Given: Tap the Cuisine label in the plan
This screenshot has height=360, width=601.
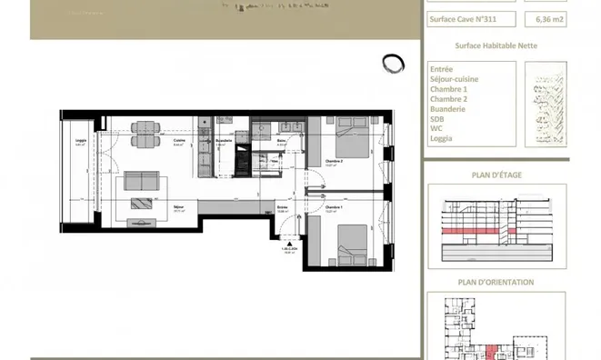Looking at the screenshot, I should tap(180, 142).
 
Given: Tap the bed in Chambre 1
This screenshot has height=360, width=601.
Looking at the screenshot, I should tap(350, 243).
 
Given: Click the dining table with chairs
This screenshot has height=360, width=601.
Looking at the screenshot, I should tap(142, 133).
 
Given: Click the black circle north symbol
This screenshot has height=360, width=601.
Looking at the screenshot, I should tap(393, 63).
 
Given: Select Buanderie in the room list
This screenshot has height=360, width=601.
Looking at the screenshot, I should tap(447, 109).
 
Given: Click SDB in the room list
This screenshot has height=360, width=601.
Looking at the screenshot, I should tap(437, 119).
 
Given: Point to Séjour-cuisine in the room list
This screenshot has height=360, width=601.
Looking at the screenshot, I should tap(454, 79).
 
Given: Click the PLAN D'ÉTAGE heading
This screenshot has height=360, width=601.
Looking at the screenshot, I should tap(494, 176).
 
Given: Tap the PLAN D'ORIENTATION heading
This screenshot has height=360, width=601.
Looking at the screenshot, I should tap(495, 282).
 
